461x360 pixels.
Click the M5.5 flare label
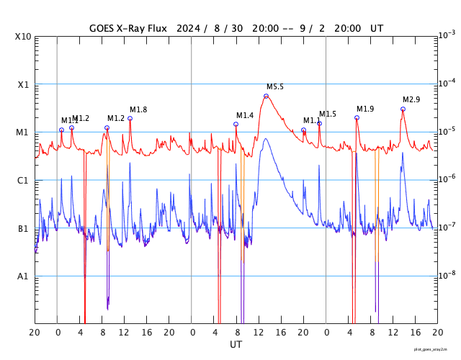275,86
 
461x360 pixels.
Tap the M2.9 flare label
411,99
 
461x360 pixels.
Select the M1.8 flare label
138,109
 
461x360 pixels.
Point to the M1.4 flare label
245,115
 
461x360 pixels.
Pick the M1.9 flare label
365,109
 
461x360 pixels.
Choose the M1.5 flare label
328,114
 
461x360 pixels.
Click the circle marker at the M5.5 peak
266,96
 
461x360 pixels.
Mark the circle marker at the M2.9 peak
403,109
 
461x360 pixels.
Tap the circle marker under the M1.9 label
357,117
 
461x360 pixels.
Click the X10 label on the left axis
24,37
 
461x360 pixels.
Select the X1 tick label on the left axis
24,84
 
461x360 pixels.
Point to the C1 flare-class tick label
24,181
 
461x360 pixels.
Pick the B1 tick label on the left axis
24,229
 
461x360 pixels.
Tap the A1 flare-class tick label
24,276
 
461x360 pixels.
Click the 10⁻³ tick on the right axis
447,35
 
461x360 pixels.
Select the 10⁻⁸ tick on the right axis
447,274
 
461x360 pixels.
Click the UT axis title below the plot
236,345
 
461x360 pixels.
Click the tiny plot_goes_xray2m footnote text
436,349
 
